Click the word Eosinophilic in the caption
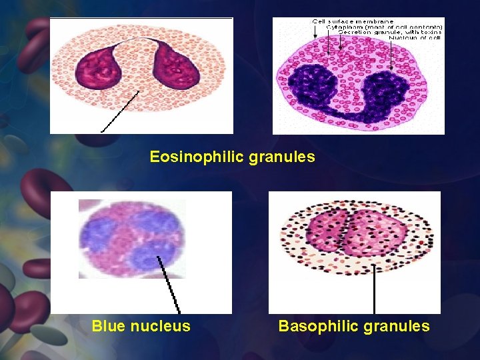tap(189, 157)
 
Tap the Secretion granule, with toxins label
tap(390, 33)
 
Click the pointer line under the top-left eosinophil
tap(120, 111)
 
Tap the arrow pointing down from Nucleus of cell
tap(390, 57)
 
